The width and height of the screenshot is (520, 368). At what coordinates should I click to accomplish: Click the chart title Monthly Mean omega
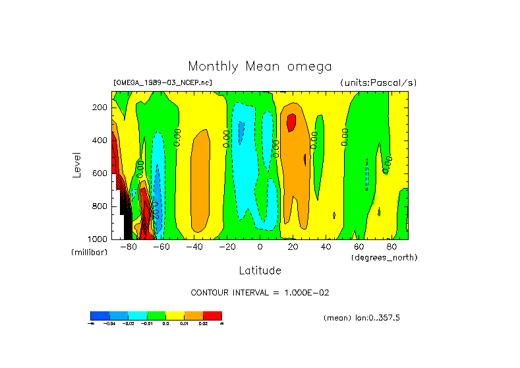[260, 67]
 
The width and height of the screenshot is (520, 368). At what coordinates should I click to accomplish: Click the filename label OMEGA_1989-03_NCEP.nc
[163, 82]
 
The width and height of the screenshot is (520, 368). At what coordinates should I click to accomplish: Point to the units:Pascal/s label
[378, 82]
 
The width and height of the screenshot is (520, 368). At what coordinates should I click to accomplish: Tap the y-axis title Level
[76, 164]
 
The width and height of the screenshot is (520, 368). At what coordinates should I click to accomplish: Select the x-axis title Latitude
[260, 270]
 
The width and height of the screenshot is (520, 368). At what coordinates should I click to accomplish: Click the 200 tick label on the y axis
[100, 107]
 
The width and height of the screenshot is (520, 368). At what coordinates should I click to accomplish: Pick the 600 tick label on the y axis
[100, 173]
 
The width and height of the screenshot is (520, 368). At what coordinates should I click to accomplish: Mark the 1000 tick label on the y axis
[98, 239]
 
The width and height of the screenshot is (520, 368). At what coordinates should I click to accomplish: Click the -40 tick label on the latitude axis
[194, 247]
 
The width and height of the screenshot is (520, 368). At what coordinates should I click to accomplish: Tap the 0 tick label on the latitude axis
[260, 247]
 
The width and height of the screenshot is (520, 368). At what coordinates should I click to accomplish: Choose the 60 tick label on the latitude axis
[359, 247]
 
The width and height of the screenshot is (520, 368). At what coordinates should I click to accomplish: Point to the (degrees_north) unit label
[384, 257]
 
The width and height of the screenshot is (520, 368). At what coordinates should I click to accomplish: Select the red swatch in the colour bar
[212, 315]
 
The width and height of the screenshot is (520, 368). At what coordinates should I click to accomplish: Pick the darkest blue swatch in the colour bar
[100, 315]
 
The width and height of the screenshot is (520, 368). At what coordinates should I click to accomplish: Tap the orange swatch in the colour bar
[194, 315]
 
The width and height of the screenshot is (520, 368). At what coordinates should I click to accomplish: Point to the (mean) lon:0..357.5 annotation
[362, 318]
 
